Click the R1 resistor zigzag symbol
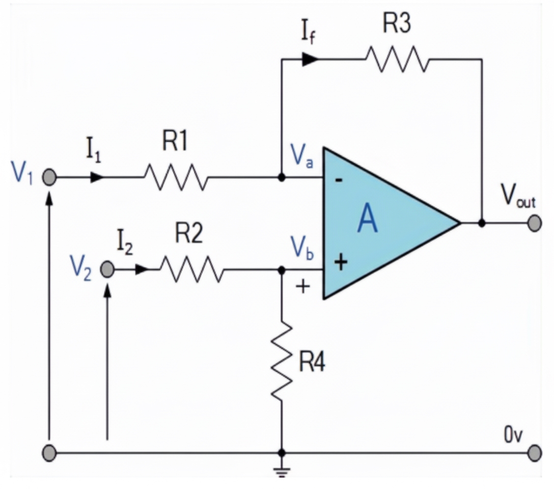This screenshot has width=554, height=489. click(x=176, y=177)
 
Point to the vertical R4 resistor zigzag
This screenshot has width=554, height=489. click(x=281, y=360)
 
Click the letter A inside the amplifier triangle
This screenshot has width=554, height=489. click(x=368, y=220)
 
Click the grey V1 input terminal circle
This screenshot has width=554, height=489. click(x=49, y=177)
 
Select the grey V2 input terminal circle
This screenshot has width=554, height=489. click(x=106, y=269)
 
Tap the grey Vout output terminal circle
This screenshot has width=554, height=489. click(x=534, y=223)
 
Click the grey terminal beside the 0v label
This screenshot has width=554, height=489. click(x=534, y=452)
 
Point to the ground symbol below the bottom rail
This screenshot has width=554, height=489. click(x=281, y=471)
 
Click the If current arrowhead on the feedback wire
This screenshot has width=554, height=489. click(x=310, y=59)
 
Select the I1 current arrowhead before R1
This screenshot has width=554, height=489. click(x=97, y=177)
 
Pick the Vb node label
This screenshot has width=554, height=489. click(x=301, y=247)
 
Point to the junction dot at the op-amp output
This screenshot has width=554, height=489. click(x=482, y=223)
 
